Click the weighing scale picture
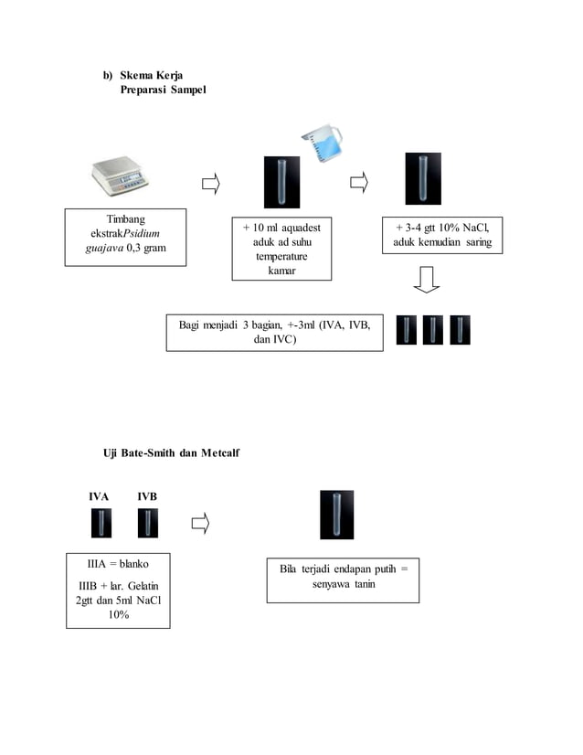pyautogui.click(x=120, y=175)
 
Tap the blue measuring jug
pyautogui.click(x=323, y=144)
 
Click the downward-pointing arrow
pyautogui.click(x=427, y=280)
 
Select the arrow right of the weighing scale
pyautogui.click(x=211, y=184)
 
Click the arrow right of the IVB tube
pyautogui.click(x=201, y=524)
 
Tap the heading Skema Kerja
pyautogui.click(x=151, y=75)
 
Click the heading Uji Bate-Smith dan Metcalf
pyautogui.click(x=172, y=453)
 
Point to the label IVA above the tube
pyautogui.click(x=99, y=496)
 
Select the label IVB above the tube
pyautogui.click(x=147, y=496)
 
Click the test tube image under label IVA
pyautogui.click(x=101, y=523)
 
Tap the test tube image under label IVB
pyautogui.click(x=148, y=523)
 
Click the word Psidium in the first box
pyautogui.click(x=142, y=233)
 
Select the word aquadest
pyautogui.click(x=301, y=228)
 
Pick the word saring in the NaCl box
pyautogui.click(x=479, y=241)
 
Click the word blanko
pyautogui.click(x=133, y=564)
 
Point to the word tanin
pyautogui.click(x=365, y=584)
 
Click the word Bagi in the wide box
pyautogui.click(x=189, y=325)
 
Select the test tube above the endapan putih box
pyautogui.click(x=337, y=515)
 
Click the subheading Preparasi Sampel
pyautogui.click(x=164, y=90)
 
